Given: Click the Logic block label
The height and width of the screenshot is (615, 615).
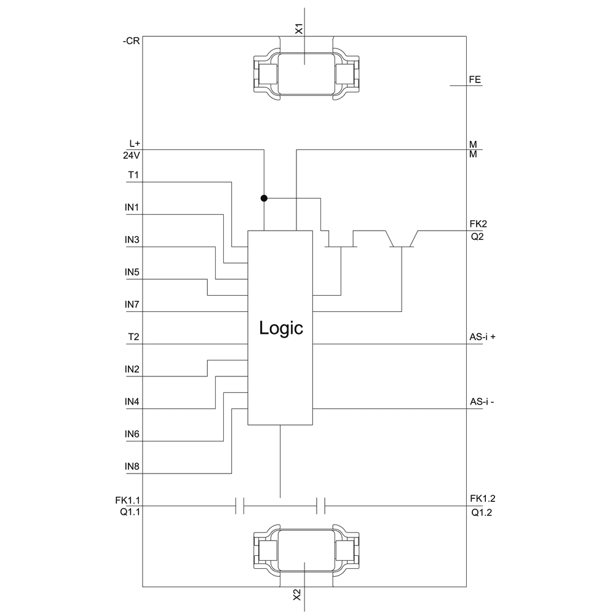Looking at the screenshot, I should click(x=281, y=328).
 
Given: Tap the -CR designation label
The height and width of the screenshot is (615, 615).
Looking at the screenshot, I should click(x=132, y=42).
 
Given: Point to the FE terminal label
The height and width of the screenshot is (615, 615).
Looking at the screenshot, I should click(x=475, y=79).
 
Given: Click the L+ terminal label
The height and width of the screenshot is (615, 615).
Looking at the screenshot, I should click(x=135, y=144).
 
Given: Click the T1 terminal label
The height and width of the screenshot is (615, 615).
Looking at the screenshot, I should click(x=133, y=176).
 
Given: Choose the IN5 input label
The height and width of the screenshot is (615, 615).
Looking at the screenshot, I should click(x=132, y=272).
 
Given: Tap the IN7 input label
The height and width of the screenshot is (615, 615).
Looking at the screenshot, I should click(x=132, y=304).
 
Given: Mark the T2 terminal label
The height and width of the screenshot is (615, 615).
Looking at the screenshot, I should click(x=133, y=337).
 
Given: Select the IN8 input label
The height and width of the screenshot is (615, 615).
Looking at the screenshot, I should click(x=132, y=467).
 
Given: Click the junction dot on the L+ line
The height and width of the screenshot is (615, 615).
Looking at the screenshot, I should click(x=264, y=198).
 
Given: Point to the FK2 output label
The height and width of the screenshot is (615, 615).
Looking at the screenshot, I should click(x=478, y=224).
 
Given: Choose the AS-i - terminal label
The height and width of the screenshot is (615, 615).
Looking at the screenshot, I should click(x=482, y=402).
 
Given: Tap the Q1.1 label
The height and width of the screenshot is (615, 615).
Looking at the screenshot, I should click(x=131, y=511).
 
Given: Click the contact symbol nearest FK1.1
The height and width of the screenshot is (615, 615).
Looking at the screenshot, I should click(x=240, y=506).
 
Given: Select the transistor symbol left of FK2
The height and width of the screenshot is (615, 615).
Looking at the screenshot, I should click(x=402, y=240).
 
